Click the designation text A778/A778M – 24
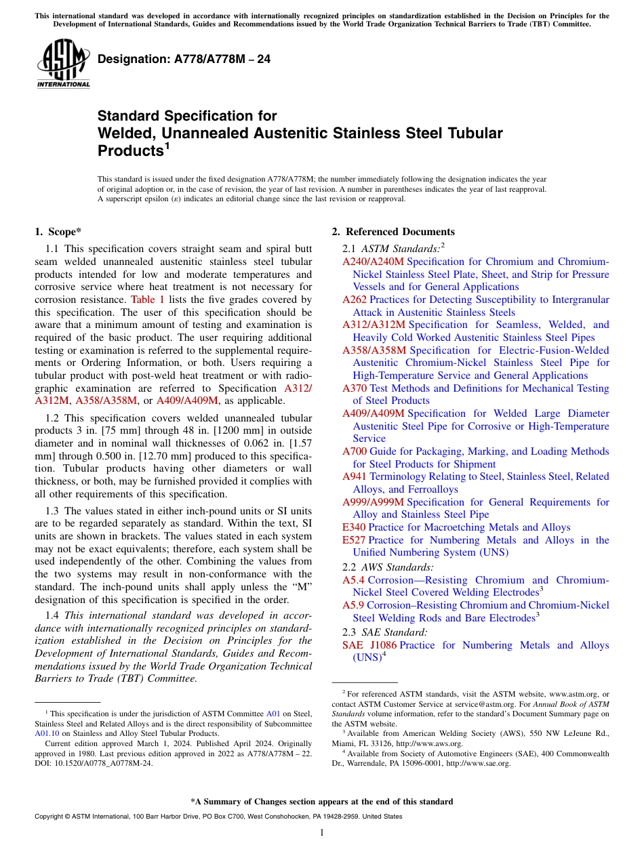click(184, 60)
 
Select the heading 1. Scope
click(58, 232)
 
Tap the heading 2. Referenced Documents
click(393, 232)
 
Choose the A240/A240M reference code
click(373, 262)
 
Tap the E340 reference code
click(354, 527)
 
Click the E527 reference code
click(354, 540)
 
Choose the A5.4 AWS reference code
click(353, 580)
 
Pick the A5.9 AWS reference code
click(353, 605)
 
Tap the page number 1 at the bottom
click(322, 833)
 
